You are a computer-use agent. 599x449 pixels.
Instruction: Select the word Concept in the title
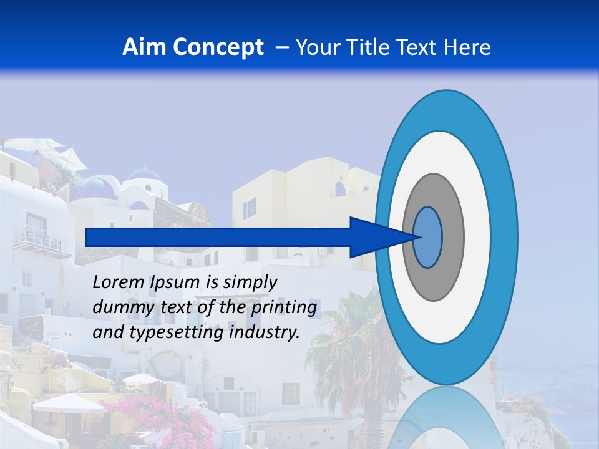pos(218,47)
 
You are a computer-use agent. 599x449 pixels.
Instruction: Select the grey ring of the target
pos(452,237)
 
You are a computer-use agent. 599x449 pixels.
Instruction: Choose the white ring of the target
pos(477,237)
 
